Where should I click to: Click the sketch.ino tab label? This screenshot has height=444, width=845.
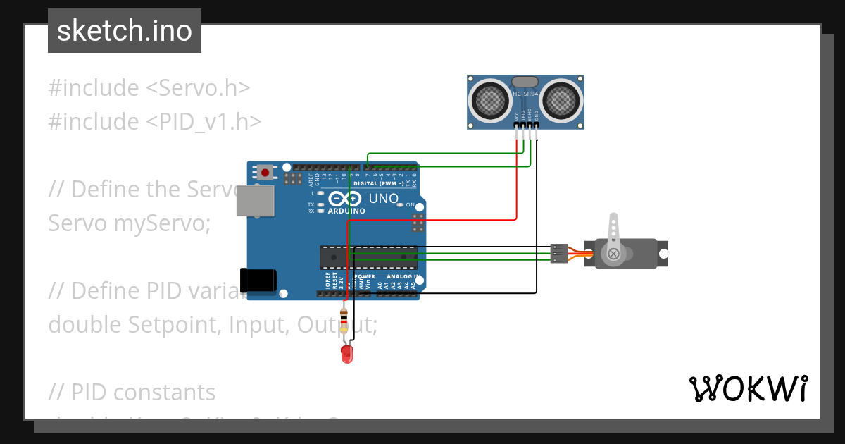[125, 31]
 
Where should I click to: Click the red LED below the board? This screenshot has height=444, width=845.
[346, 353]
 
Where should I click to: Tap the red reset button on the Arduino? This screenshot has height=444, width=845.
[265, 171]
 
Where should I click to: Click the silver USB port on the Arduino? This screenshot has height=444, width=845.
[254, 202]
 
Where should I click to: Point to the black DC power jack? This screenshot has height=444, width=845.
[257, 280]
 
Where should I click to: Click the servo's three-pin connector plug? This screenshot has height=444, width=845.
[558, 253]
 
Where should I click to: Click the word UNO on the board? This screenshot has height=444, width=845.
[384, 199]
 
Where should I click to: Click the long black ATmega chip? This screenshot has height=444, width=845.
[368, 258]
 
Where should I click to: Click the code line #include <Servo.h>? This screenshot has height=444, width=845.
[149, 88]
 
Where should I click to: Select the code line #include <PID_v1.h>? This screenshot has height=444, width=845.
[155, 122]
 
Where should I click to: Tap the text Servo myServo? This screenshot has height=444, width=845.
[130, 223]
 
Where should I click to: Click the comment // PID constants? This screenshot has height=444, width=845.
[132, 393]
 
